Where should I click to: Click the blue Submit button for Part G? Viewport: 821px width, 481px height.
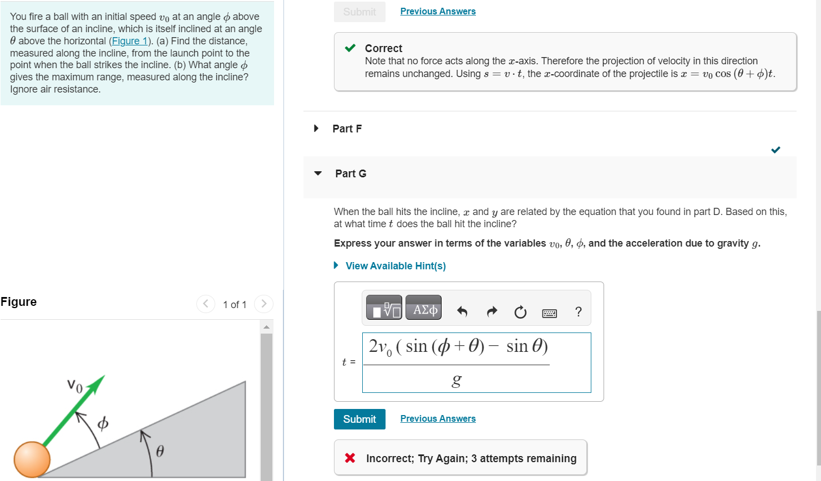(359, 419)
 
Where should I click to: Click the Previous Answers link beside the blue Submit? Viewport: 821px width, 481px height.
(438, 419)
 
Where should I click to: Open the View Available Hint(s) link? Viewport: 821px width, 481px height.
(395, 266)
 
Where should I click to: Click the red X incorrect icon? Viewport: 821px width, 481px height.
(350, 458)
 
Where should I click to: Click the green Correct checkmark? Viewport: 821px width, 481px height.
(350, 48)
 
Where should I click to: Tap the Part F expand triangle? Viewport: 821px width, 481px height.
(316, 129)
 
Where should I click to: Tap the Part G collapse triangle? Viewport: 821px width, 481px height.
(318, 173)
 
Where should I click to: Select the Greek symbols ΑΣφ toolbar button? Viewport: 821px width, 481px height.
(423, 310)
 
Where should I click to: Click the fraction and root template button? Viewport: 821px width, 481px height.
(384, 310)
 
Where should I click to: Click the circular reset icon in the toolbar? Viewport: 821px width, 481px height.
(520, 313)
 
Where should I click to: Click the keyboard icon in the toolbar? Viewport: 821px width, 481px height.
(549, 313)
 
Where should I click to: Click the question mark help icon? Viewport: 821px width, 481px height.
(579, 312)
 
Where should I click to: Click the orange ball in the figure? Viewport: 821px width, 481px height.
(32, 459)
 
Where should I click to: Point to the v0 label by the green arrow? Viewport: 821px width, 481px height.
(75, 385)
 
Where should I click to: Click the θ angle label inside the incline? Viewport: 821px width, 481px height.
(160, 451)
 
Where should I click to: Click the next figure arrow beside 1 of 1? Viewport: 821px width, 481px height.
(263, 304)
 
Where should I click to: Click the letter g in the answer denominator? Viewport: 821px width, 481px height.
(456, 381)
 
